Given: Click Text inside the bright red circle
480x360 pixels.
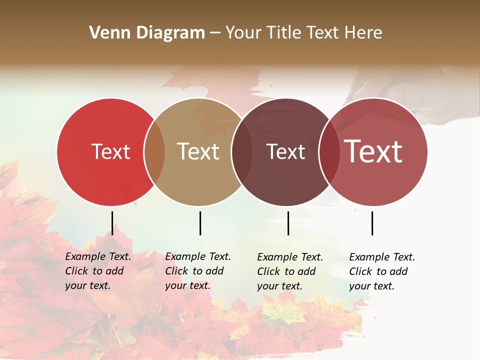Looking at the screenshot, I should coord(110,151).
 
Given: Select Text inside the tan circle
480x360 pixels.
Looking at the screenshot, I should coord(198,151).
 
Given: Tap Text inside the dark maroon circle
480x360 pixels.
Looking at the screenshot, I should coord(286,151).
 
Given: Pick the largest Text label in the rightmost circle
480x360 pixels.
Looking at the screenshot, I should coord(373,151).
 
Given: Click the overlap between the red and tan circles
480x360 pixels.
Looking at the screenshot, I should coord(154,152).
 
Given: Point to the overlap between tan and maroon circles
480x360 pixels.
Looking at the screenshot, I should coord(242,152).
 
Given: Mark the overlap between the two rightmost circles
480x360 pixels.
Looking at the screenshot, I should coord(329,152).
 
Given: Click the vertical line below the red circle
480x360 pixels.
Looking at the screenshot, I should coord(112,223).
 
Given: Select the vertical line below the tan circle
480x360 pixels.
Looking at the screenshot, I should coord(200,223).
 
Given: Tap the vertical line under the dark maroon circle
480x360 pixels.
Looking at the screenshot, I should coord(288,223).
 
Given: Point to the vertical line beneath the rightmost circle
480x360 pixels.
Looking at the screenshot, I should coord(372,223).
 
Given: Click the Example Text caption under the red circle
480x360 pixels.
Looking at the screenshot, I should coord(97,271).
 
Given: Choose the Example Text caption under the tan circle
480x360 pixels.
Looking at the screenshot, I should coord(197,271).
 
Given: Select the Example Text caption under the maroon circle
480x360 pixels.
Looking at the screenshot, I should coord(289,271).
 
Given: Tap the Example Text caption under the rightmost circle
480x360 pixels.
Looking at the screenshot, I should coord(381,271).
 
